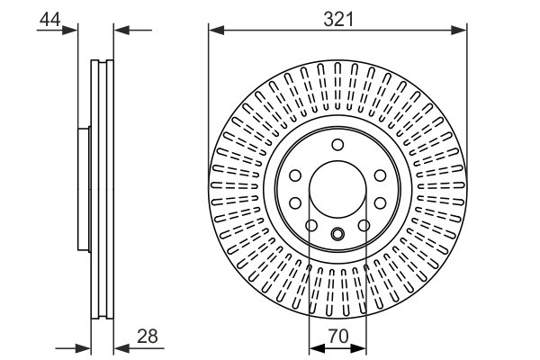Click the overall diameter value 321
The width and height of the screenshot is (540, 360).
click(337, 18)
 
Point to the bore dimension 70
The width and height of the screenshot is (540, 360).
click(337, 336)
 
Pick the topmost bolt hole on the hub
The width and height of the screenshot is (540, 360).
click(337, 145)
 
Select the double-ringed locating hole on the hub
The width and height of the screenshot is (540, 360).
click(337, 236)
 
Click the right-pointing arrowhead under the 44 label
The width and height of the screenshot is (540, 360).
click(72, 31)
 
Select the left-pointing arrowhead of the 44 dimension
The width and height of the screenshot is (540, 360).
click(121, 31)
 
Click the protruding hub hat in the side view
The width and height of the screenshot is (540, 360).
click(83, 190)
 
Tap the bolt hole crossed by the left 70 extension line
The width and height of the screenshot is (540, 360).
click(311, 226)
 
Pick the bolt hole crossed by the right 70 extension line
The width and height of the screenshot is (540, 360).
click(364, 226)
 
